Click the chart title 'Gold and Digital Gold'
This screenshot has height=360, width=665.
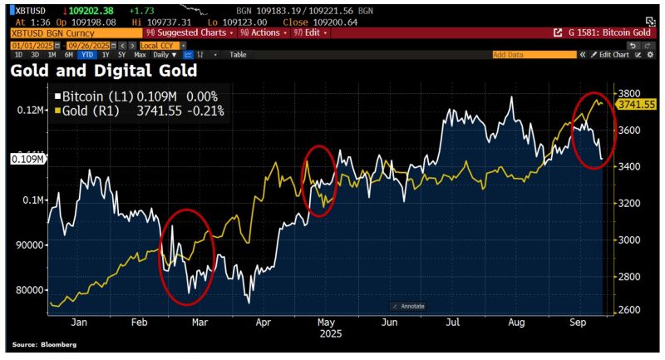click(103, 71)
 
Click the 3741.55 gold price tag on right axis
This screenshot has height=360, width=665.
click(637, 104)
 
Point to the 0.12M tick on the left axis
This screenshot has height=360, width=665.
click(32, 110)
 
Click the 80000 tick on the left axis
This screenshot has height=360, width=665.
click(32, 289)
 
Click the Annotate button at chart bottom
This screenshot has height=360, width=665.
click(408, 306)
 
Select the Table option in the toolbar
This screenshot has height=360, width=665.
click(238, 54)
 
